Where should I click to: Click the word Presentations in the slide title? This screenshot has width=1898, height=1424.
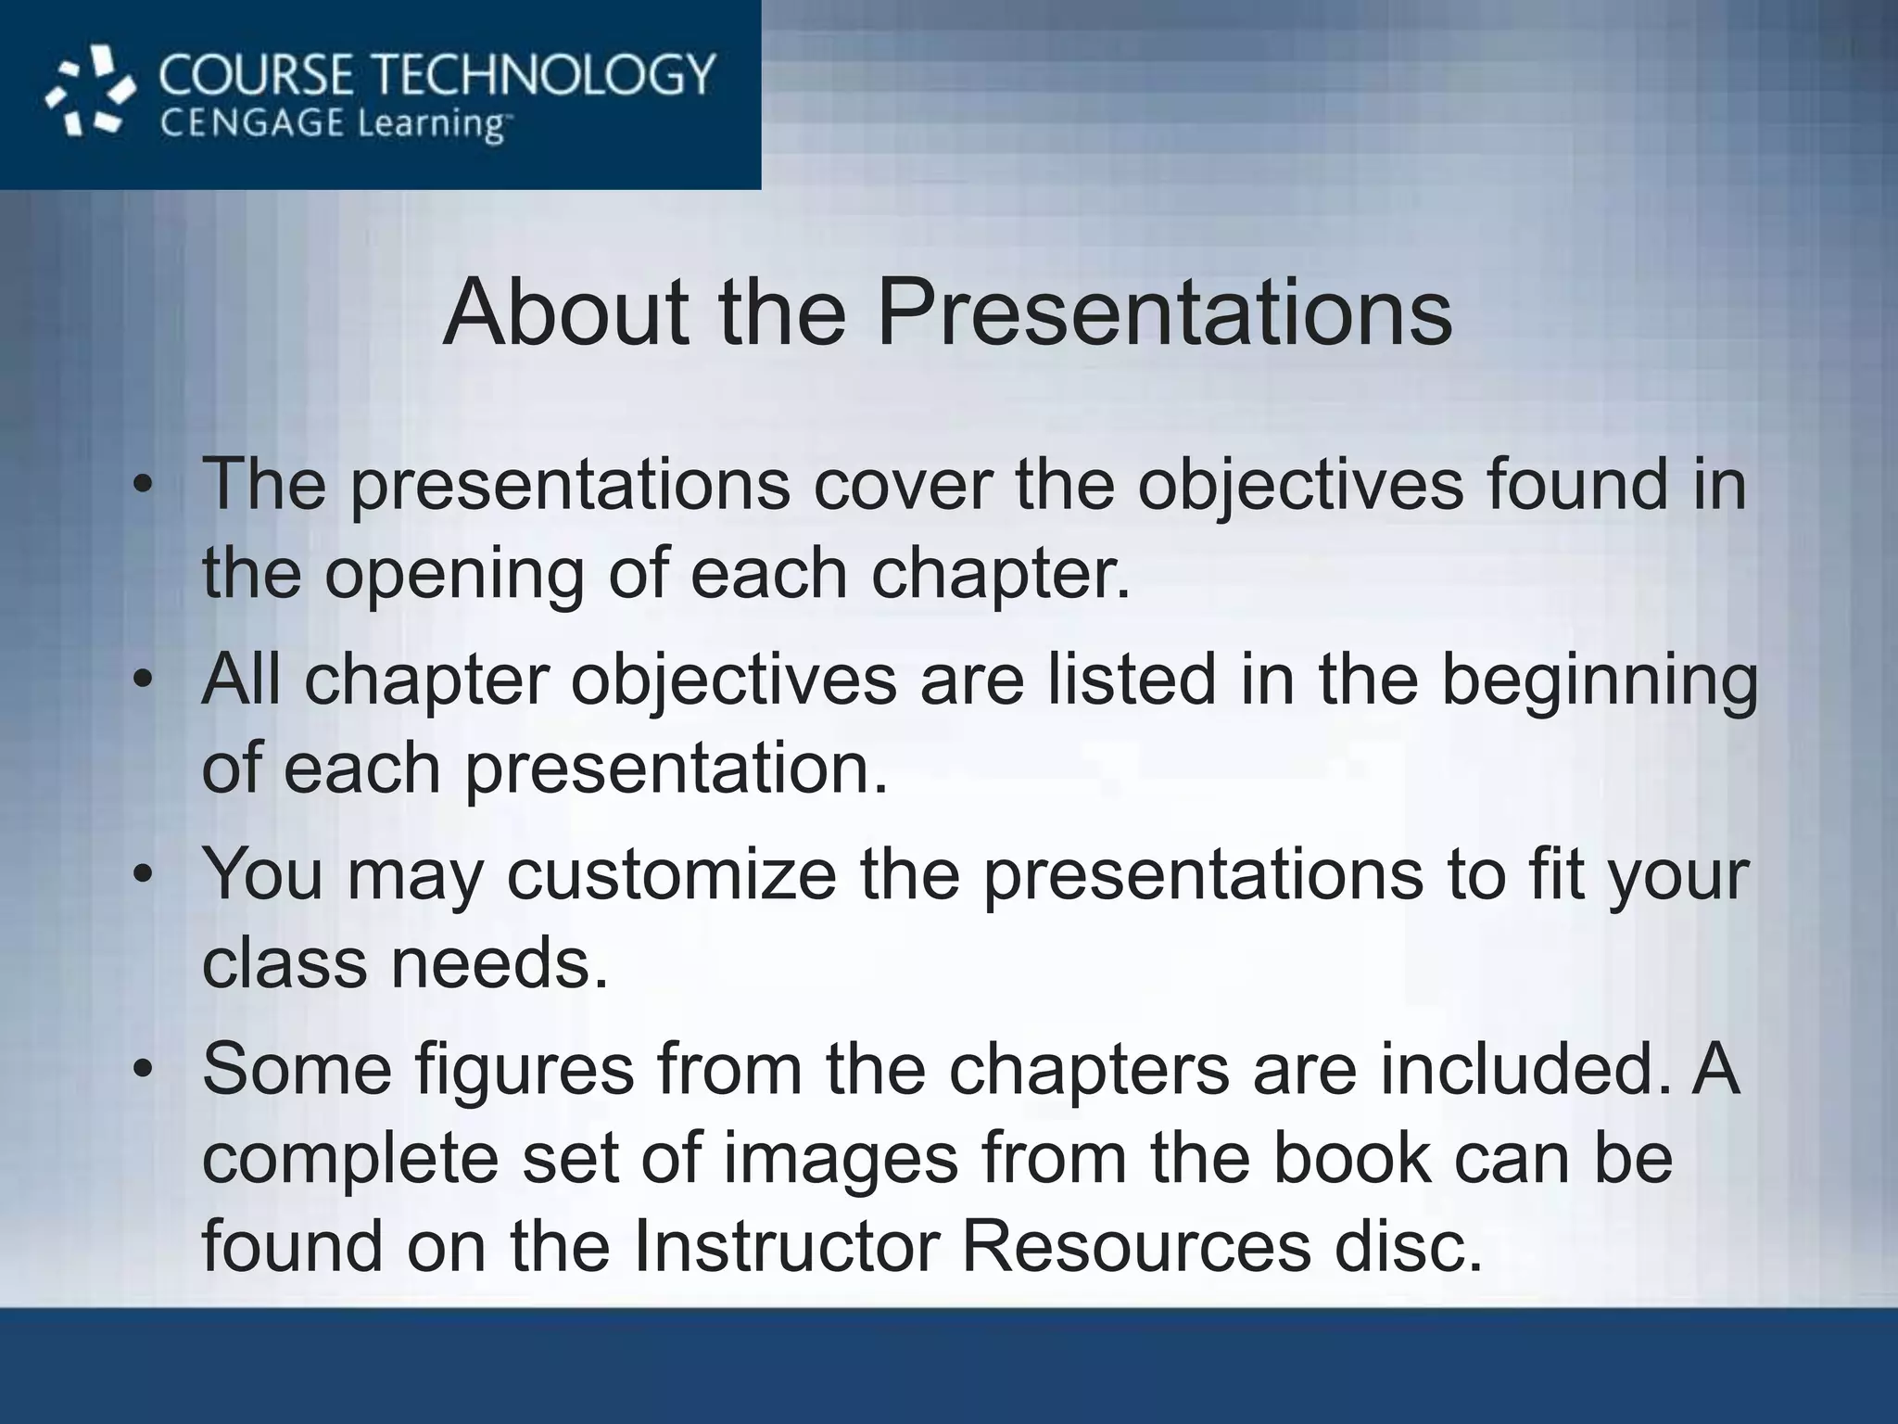tap(1164, 312)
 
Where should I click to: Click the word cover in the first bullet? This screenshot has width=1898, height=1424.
tap(903, 485)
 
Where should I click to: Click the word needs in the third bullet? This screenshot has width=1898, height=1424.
tap(499, 963)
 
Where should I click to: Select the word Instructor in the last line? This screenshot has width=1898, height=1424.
tap(787, 1247)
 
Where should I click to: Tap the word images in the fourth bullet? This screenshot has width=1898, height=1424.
tap(840, 1159)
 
